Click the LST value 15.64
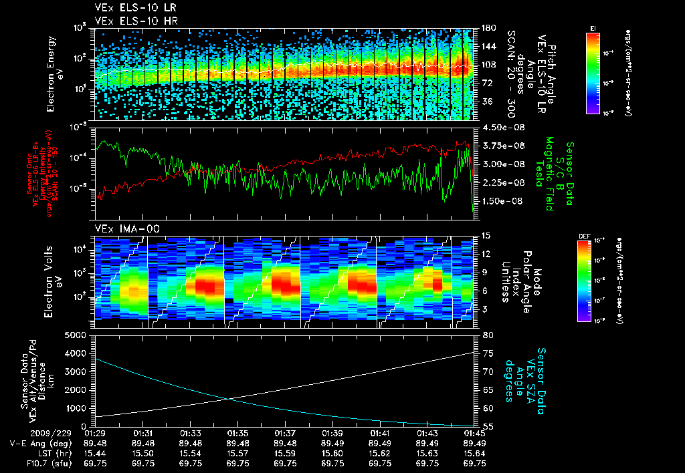(474, 452)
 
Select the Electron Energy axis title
(55, 72)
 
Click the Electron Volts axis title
(55, 279)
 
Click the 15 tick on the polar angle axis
(483, 236)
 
